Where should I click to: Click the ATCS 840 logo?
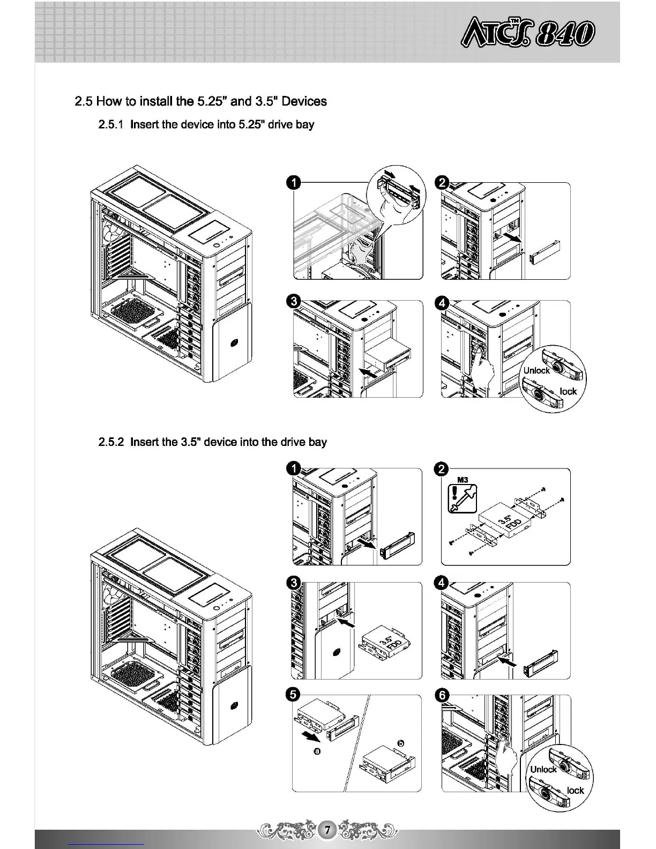[x=527, y=33]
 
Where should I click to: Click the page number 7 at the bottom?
[x=327, y=829]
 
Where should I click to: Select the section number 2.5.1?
[x=111, y=125]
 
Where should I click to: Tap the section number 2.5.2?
[x=111, y=442]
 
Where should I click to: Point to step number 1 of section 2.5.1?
[x=293, y=183]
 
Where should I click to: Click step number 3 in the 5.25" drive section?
[x=293, y=301]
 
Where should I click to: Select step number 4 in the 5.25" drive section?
[x=442, y=303]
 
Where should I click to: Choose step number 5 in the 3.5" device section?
[x=293, y=695]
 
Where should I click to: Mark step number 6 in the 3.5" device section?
[x=442, y=695]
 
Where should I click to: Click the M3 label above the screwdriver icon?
[x=463, y=480]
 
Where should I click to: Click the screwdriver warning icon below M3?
[x=462, y=498]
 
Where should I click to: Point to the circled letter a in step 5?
[x=317, y=751]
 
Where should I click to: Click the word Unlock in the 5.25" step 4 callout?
[x=536, y=370]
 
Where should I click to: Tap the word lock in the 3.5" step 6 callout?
[x=575, y=791]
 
